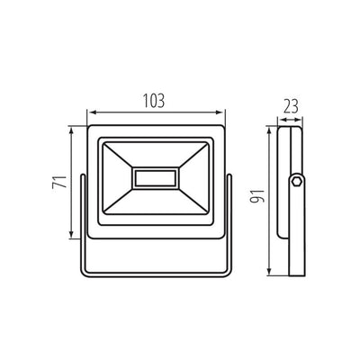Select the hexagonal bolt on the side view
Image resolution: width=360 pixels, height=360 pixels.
click(296, 183)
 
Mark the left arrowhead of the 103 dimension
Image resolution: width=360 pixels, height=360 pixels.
click(91, 113)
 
